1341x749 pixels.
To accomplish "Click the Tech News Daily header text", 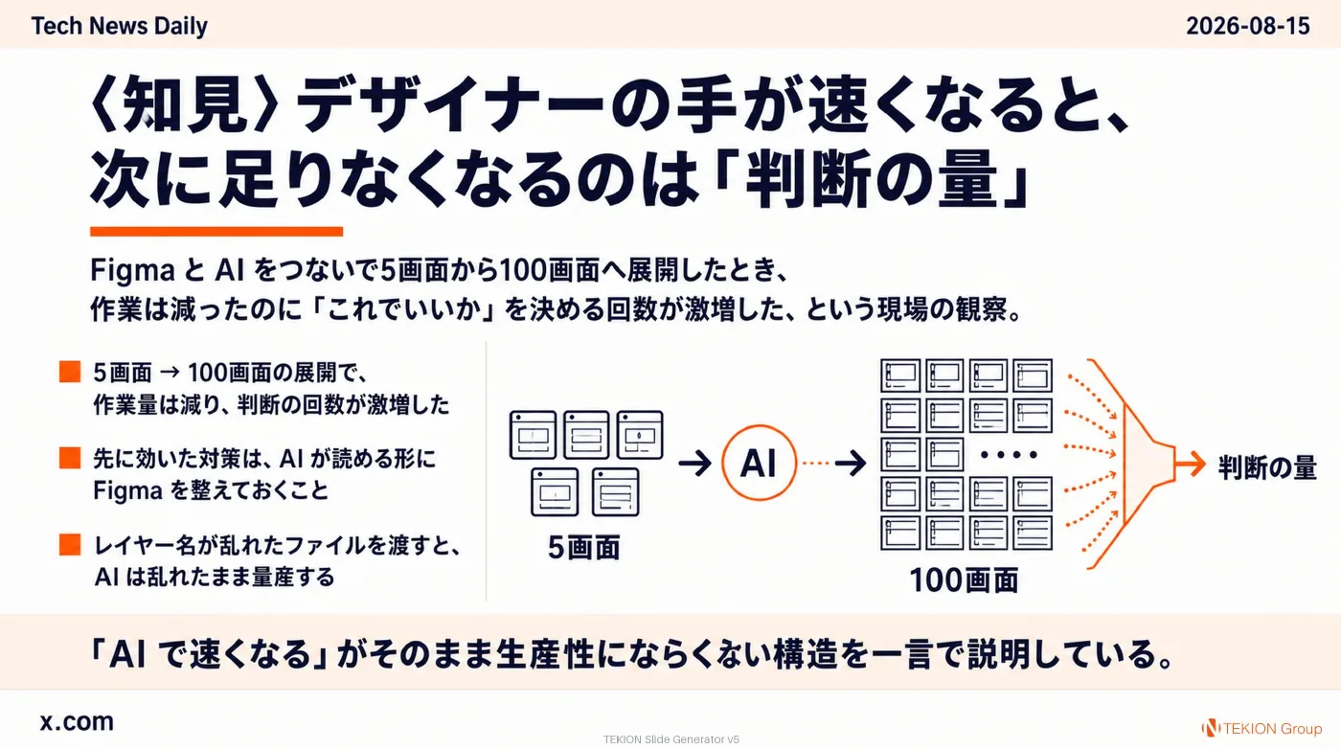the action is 119,27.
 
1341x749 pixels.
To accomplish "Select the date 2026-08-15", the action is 1247,27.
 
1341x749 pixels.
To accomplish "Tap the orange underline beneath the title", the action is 216,231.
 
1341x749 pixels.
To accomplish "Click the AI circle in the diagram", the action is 759,463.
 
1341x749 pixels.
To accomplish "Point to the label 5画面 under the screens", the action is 583,547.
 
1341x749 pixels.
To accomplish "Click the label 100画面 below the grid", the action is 964,580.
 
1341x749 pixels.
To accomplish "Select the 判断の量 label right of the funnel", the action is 1267,467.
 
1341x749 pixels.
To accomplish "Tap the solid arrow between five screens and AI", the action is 695,463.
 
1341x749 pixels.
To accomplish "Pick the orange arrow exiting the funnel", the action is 1190,464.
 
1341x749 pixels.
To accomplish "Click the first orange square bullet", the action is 70,372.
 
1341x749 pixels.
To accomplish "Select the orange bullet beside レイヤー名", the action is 70,544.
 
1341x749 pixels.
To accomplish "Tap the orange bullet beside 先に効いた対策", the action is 70,458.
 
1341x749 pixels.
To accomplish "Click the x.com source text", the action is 77,722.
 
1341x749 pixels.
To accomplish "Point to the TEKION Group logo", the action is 1261,728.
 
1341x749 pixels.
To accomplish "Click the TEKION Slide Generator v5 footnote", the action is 671,739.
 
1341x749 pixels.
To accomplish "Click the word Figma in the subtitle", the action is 132,271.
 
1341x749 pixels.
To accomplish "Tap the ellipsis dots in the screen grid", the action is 1009,455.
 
